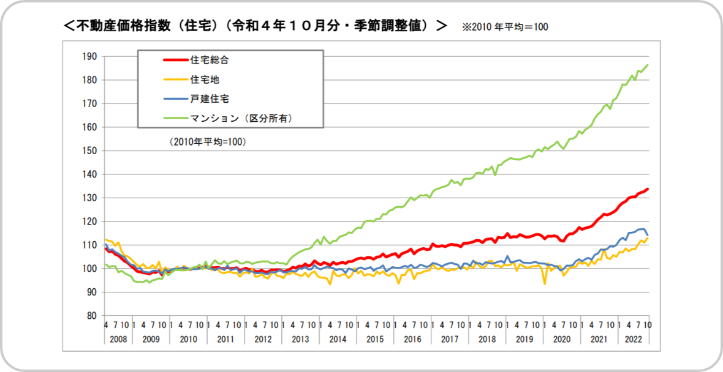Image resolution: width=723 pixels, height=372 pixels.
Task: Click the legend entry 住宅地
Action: [x=205, y=80]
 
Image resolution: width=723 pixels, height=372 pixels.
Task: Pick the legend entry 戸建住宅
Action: [x=210, y=99]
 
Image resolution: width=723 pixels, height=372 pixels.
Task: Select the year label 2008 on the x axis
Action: [x=118, y=338]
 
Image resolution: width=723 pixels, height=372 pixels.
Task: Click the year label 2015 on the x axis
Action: [x=374, y=338]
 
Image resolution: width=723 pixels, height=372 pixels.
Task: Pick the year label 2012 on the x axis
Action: [x=263, y=338]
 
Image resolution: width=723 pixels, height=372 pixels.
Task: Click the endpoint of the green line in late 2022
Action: [x=648, y=65]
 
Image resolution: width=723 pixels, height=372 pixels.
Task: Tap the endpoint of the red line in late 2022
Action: [x=648, y=189]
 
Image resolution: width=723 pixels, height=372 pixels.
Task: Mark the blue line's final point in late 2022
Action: [x=648, y=235]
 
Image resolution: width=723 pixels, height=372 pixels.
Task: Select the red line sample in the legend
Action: [x=174, y=60]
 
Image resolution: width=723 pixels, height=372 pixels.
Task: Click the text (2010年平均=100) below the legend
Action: [x=207, y=141]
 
